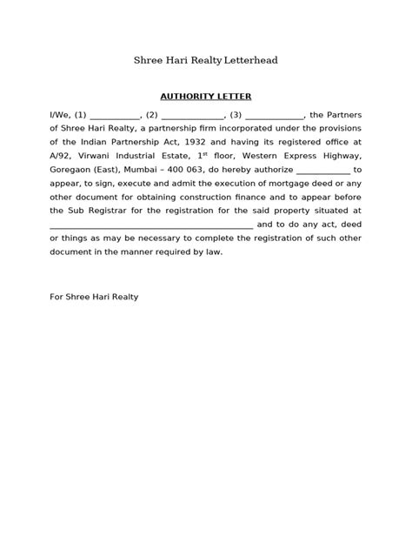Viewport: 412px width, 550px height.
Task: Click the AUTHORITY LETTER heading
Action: [x=205, y=96]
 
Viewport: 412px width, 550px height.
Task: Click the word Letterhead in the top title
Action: [x=250, y=60]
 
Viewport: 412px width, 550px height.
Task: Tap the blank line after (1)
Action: [x=115, y=116]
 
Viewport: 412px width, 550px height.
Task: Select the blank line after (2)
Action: [x=192, y=116]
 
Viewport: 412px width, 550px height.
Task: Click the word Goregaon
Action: [x=71, y=171]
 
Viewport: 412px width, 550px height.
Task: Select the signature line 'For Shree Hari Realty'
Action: [x=94, y=297]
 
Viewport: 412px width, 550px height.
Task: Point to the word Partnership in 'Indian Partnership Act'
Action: [x=137, y=140]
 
